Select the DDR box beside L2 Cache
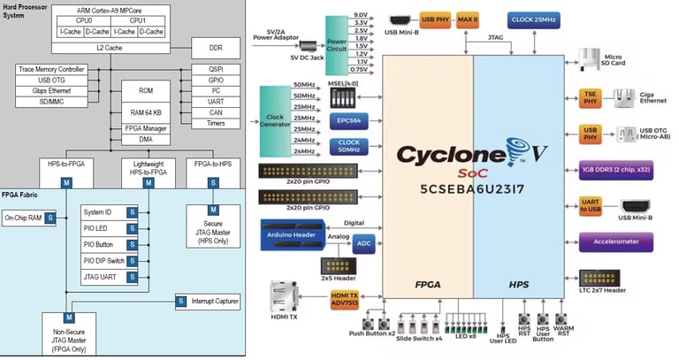click(x=215, y=47)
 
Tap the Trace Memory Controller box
click(x=51, y=69)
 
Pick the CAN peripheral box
click(x=215, y=113)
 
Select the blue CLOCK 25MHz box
click(x=533, y=19)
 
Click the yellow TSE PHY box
click(x=591, y=97)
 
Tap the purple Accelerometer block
click(x=615, y=241)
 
